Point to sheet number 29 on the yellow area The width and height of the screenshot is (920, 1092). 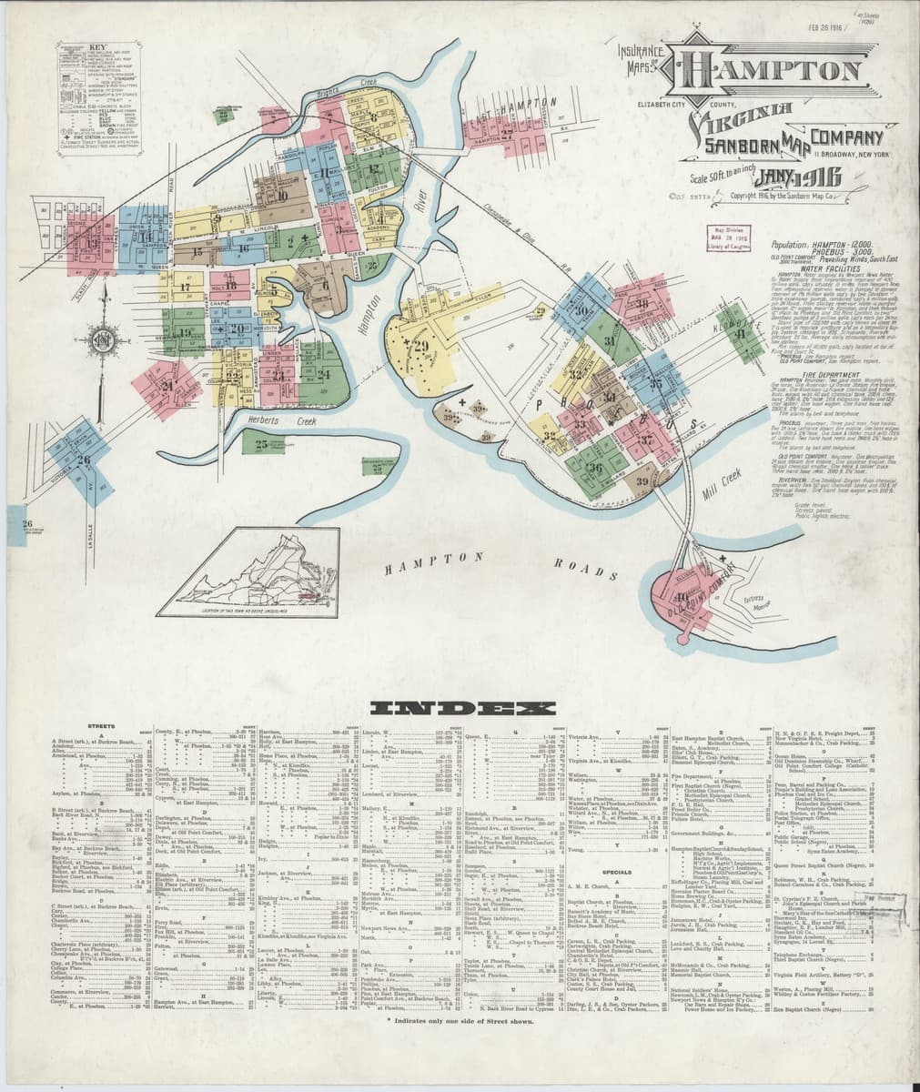pyautogui.click(x=420, y=347)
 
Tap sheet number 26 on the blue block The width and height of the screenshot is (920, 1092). pyautogui.click(x=84, y=460)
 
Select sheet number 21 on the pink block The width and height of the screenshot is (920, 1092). pyautogui.click(x=167, y=385)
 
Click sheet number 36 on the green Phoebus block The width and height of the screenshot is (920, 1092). pyautogui.click(x=594, y=468)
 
